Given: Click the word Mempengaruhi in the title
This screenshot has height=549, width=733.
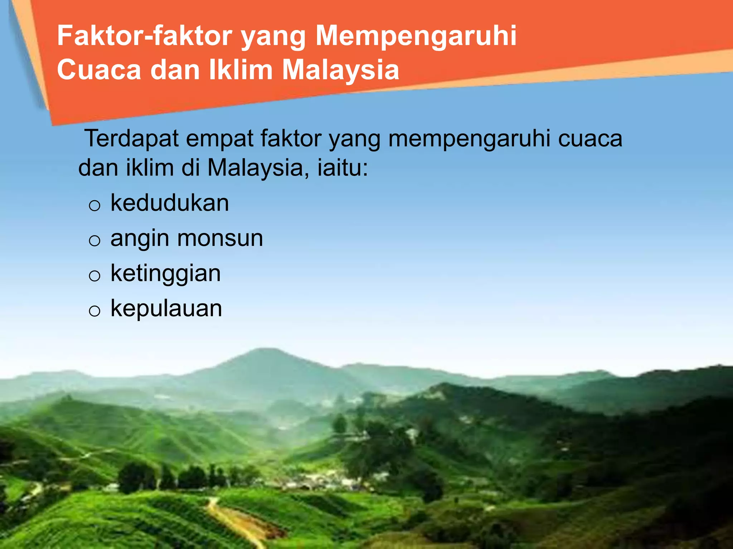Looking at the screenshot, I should click(x=416, y=36).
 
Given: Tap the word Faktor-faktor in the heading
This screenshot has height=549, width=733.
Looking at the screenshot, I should click(x=145, y=36).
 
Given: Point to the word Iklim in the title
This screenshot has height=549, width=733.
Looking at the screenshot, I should click(x=241, y=70).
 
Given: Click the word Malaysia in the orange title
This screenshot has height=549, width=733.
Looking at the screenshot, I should click(x=340, y=70).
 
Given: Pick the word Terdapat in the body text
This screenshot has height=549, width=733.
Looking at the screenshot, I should click(x=131, y=138).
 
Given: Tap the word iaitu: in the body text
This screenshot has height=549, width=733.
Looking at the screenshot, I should click(x=343, y=168).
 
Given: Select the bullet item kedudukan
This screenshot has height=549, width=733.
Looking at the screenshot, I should click(x=170, y=203).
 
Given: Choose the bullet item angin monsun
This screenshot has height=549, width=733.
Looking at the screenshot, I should click(x=186, y=238).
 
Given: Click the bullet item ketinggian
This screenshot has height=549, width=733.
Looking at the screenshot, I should click(x=166, y=274).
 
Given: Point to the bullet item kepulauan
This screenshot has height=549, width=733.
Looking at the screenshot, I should click(x=166, y=308).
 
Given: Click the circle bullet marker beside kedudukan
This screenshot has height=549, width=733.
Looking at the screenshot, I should click(x=94, y=206).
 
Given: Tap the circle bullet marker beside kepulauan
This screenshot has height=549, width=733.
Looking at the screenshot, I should click(x=94, y=311).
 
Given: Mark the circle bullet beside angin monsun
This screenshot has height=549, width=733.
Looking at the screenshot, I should click(x=94, y=241).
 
